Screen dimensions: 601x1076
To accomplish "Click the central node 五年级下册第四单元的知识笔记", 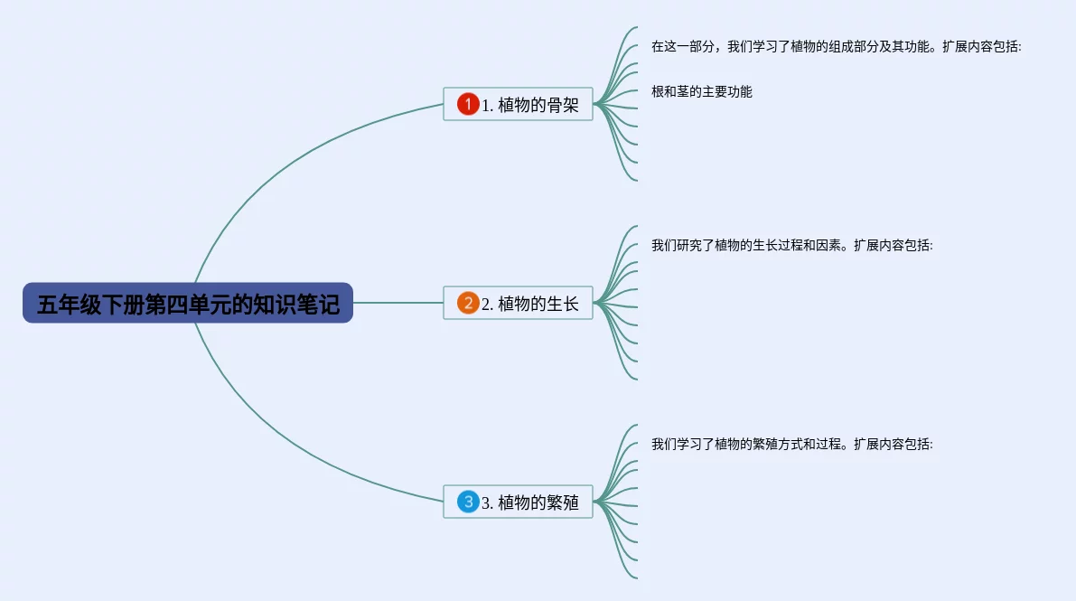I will (x=188, y=304).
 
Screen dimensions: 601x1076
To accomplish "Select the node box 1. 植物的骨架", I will (x=518, y=104).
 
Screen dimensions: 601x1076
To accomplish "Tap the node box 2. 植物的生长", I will (x=518, y=303).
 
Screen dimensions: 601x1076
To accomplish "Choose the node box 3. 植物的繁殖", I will (x=518, y=502).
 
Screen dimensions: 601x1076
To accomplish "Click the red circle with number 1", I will (x=467, y=104).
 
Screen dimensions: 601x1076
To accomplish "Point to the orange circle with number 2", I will (x=467, y=303).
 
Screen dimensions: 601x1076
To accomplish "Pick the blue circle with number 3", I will (x=467, y=502).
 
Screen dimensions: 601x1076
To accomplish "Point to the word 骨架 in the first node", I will (x=563, y=105).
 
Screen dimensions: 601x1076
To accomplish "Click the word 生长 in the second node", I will (x=563, y=304).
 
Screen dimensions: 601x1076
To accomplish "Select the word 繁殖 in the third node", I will (x=563, y=502).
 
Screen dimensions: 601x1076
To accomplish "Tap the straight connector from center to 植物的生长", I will (x=398, y=303).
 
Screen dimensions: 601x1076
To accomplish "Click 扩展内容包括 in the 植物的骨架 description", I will (x=981, y=46).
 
